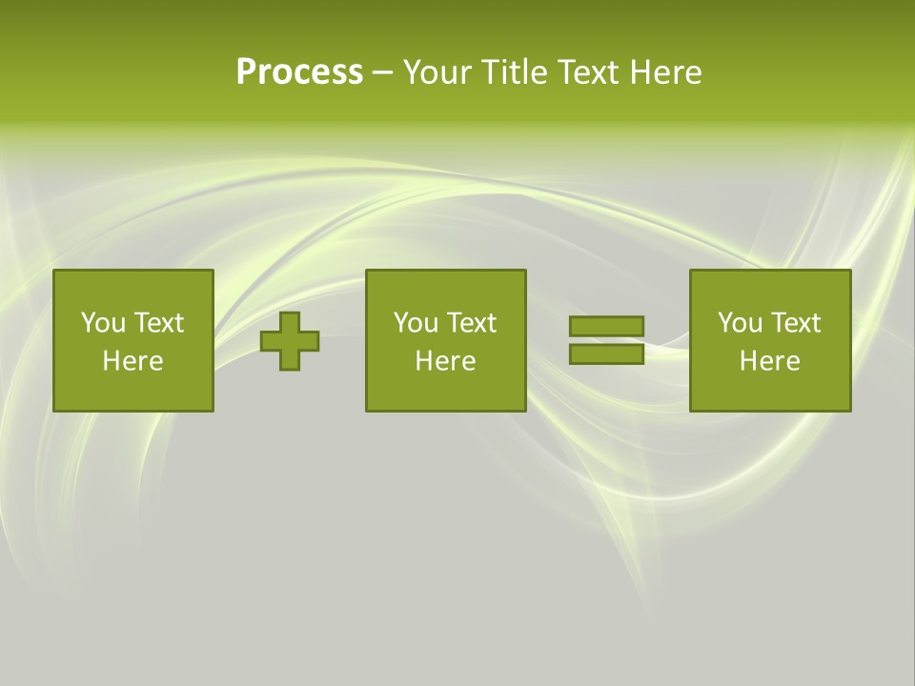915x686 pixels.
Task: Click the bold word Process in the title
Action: click(x=299, y=72)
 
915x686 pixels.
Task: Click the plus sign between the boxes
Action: click(x=290, y=341)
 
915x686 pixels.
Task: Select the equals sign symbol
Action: click(x=606, y=340)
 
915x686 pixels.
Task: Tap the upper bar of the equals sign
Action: click(x=606, y=327)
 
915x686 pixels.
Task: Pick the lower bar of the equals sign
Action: click(x=606, y=353)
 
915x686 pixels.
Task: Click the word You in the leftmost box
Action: click(x=103, y=323)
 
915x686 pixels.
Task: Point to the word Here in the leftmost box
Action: click(x=133, y=361)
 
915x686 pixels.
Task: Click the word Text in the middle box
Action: click(x=470, y=323)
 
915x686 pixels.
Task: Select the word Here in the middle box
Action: click(x=445, y=361)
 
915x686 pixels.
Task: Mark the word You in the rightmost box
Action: click(x=740, y=323)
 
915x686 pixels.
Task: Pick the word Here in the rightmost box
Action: click(x=770, y=361)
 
